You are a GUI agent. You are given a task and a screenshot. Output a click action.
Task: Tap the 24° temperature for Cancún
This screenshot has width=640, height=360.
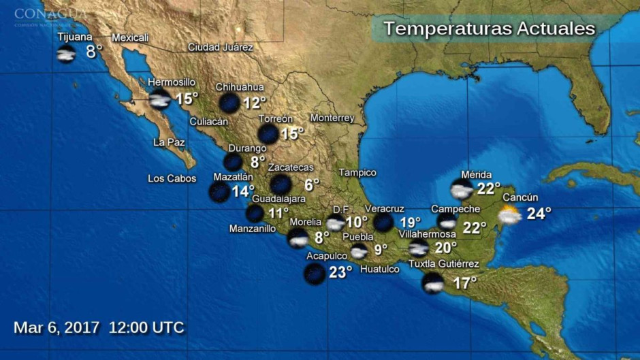click(539, 214)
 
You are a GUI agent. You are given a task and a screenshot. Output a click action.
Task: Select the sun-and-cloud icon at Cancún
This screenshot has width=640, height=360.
click(509, 216)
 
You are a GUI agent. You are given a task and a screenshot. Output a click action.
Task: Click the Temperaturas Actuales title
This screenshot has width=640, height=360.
click(489, 29)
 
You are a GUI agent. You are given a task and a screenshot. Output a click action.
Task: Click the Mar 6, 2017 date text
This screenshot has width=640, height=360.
click(57, 327)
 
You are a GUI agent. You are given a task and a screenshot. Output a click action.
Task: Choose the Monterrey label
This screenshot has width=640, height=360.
click(332, 118)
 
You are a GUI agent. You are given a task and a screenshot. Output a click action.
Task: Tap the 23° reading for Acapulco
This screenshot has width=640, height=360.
click(340, 272)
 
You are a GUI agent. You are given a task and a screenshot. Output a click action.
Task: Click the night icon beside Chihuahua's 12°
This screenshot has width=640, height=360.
click(229, 103)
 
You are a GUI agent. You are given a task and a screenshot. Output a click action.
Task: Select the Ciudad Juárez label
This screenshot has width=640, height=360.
click(221, 48)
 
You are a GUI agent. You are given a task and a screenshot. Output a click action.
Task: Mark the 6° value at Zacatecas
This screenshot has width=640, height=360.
click(312, 184)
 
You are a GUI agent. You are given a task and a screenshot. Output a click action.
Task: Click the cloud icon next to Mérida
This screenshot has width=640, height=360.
click(462, 189)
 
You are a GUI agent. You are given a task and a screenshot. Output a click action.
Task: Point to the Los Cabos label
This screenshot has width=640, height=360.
click(172, 179)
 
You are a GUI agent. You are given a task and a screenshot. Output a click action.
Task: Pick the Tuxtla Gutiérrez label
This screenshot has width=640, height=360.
click(443, 264)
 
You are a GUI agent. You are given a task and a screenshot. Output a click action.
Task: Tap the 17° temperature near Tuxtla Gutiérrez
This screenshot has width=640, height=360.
click(464, 283)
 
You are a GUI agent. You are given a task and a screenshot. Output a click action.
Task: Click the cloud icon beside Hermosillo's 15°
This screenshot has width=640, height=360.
click(159, 99)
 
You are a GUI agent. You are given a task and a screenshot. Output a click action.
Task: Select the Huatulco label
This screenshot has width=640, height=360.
click(379, 269)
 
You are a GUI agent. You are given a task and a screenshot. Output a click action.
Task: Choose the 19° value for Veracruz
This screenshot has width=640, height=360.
click(411, 222)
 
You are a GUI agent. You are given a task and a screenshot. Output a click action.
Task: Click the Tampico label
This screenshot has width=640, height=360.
click(357, 173)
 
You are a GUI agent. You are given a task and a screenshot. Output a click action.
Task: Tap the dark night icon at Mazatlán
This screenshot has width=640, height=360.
click(219, 192)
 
